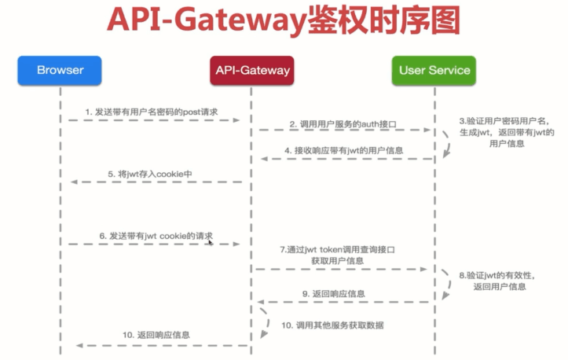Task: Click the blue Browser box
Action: (x=60, y=71)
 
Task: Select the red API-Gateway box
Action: (x=251, y=71)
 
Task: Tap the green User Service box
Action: (x=434, y=71)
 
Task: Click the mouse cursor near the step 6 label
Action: (x=210, y=242)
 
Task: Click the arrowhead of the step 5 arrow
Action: (x=74, y=182)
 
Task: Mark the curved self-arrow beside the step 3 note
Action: (x=445, y=145)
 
